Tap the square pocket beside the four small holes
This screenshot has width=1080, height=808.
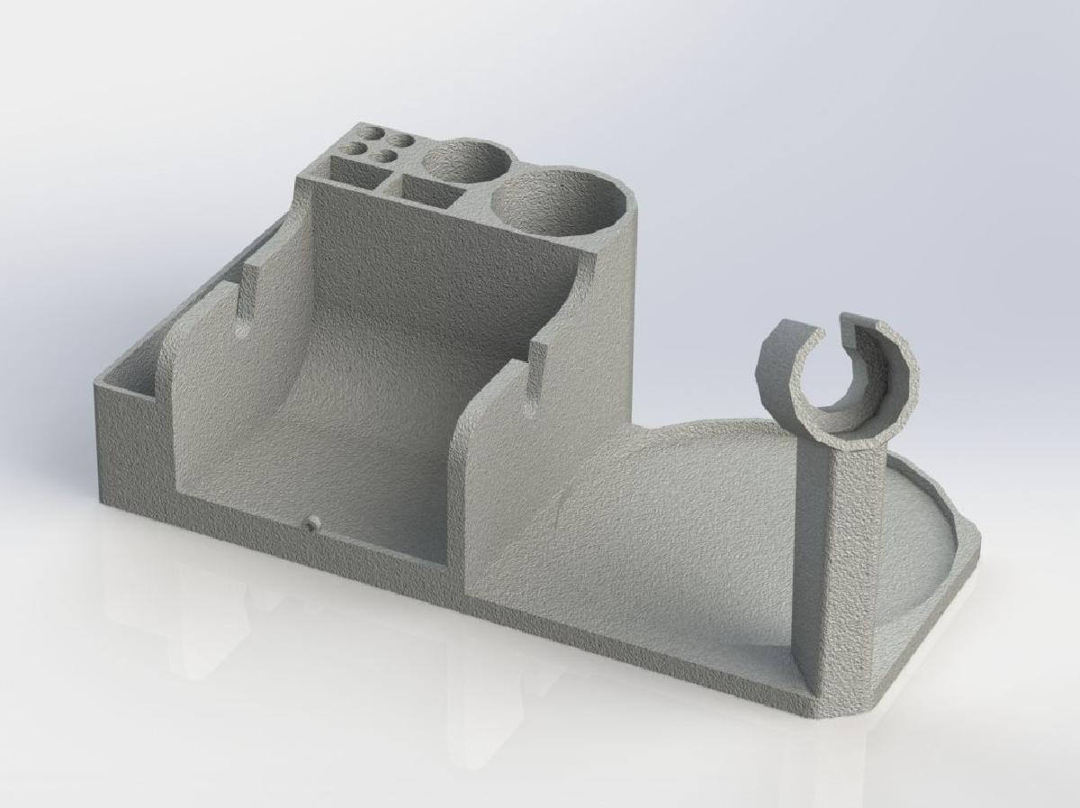tap(355, 170)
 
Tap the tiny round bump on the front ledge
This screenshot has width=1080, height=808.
tap(312, 523)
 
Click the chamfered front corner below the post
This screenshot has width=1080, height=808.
tap(841, 707)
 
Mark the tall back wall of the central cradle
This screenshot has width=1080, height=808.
tap(432, 270)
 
